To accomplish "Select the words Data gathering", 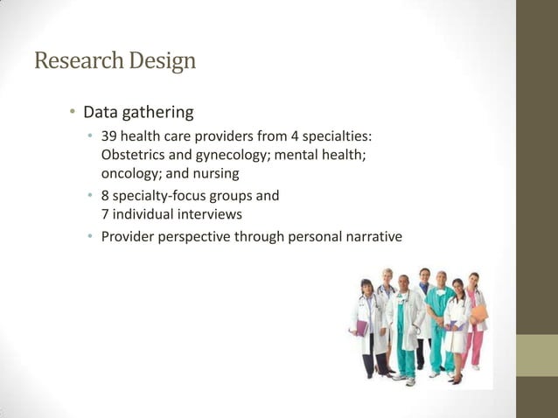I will coord(138,113).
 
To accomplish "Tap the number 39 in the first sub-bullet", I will coord(109,137).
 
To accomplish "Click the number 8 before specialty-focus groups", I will coord(106,195).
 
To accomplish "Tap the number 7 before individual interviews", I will coord(106,212).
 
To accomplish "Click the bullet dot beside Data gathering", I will coord(73,114).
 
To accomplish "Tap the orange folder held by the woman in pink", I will coord(479,314).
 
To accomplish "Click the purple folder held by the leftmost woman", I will coord(360,328).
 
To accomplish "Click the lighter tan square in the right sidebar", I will coord(537,356).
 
